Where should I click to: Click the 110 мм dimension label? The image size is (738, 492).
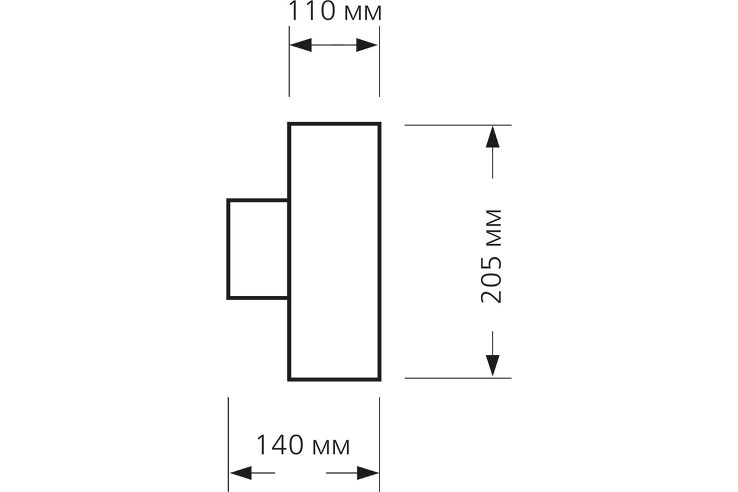pos(335,12)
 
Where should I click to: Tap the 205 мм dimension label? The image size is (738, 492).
pos(491,256)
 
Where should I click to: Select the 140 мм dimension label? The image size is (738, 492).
pos(303,445)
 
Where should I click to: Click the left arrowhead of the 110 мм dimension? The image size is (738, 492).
pos(301,45)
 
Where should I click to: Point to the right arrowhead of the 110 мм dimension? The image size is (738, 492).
pos(367,45)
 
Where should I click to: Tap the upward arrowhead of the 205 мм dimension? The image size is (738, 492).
pos(493,137)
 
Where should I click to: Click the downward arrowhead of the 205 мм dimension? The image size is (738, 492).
pos(493,365)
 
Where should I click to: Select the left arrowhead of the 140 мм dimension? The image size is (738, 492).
pos(241,473)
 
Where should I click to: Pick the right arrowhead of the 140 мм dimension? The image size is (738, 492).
pos(368,473)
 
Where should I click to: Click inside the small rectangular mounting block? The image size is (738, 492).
pos(258,249)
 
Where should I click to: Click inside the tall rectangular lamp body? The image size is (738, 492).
pos(335,252)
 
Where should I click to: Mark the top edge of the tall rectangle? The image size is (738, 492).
pos(335,124)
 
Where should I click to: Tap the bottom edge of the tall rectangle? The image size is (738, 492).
pos(335,379)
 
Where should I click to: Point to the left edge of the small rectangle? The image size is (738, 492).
pos(228,249)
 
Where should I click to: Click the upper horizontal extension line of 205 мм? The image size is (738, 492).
pos(458,125)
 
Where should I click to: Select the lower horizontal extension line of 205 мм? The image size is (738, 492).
pos(458,378)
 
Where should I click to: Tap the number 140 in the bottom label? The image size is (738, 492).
pos(280,445)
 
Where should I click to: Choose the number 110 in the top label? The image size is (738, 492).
pos(312,11)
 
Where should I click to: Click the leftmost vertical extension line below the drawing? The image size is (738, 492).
pos(228,445)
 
